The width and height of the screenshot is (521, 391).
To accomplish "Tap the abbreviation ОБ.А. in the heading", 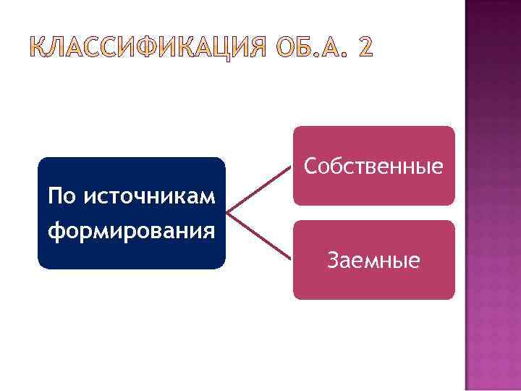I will [307, 47].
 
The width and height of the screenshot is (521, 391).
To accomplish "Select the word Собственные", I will [373, 167].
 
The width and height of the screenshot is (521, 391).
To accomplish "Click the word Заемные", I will [373, 260].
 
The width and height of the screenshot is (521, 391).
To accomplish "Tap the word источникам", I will [150, 195].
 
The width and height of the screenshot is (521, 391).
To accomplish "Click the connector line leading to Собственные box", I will [260, 190].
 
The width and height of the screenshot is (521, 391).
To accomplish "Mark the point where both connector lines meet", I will [227, 214].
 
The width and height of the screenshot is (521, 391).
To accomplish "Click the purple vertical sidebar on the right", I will [492, 195].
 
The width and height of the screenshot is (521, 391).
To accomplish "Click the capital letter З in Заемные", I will [333, 260].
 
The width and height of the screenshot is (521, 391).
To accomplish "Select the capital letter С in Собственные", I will [310, 167].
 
